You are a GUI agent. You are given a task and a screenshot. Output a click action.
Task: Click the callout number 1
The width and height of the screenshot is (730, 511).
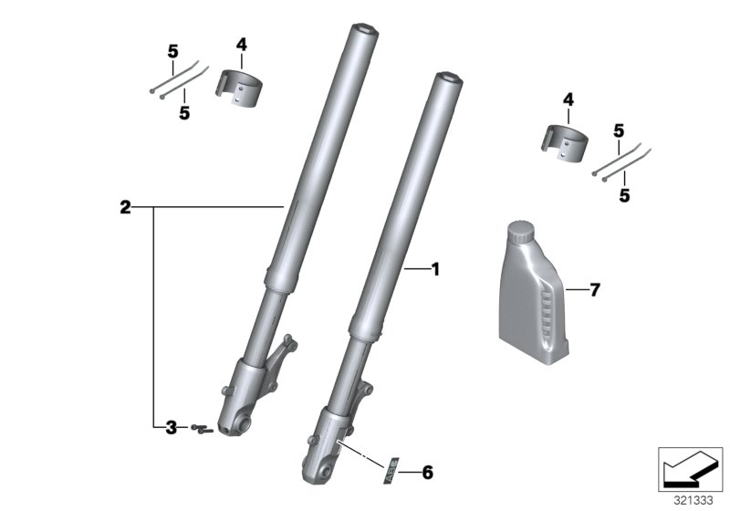pyautogui.click(x=435, y=269)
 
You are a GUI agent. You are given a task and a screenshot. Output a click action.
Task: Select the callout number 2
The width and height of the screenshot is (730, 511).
pyautogui.click(x=125, y=208)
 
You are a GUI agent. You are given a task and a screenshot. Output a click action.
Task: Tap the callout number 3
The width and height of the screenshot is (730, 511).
pyautogui.click(x=170, y=427)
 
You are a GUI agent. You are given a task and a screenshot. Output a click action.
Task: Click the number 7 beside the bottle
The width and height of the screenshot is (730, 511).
pyautogui.click(x=595, y=290)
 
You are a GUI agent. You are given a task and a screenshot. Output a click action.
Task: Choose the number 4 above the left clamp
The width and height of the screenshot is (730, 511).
pyautogui.click(x=241, y=44)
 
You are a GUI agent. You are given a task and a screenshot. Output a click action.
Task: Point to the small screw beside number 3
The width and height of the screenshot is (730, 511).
pyautogui.click(x=201, y=428)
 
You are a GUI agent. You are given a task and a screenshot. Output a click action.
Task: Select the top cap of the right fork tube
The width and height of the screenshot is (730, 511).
pyautogui.click(x=444, y=78)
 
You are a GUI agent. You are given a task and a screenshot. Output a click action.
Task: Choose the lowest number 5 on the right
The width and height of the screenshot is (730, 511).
pyautogui.click(x=624, y=194)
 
